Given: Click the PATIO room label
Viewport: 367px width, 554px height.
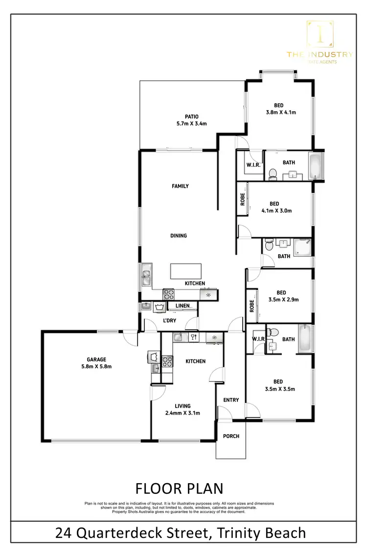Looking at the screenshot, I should coord(191,116).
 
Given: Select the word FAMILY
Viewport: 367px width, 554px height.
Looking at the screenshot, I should coord(180,186).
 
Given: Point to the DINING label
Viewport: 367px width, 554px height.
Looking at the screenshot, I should coord(179,236).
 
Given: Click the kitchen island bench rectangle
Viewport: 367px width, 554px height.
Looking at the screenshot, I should coord(185,270).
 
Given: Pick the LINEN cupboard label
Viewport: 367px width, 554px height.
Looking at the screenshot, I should coord(182,306).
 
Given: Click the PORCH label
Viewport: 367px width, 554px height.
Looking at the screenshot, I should coord(231,436).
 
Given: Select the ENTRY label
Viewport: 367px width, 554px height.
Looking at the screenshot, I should coord(231,400).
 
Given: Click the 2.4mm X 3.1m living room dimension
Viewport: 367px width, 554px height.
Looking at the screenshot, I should coord(183,413).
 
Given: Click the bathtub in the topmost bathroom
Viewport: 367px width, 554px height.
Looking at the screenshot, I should coord(316,166).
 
